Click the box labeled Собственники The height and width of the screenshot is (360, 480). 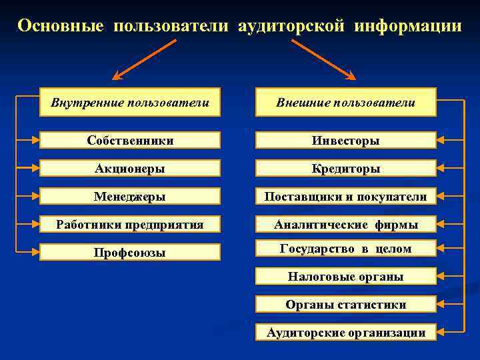click(130, 140)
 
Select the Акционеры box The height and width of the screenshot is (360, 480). click(130, 168)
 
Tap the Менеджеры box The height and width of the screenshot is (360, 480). click(130, 196)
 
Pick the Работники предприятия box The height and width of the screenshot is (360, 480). click(130, 224)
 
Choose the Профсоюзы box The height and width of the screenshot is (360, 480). click(130, 252)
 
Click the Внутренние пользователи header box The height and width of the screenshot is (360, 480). click(130, 102)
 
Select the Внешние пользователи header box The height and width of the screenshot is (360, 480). click(346, 102)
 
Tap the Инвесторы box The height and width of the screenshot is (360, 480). click(346, 140)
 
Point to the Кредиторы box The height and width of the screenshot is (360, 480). click(346, 168)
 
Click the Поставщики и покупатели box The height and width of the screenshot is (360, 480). click(346, 196)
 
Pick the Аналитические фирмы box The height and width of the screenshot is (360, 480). click(346, 224)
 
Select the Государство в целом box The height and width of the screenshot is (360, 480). click(346, 249)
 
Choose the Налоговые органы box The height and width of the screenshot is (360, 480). click(346, 276)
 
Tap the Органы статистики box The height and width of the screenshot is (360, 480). click(346, 304)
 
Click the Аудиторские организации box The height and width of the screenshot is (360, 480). click(346, 332)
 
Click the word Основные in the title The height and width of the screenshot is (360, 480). click(61, 26)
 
